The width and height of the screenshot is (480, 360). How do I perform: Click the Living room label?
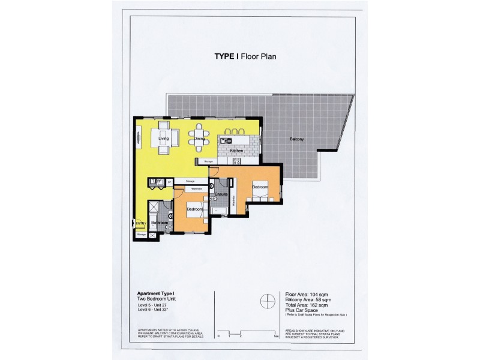(x=164, y=139)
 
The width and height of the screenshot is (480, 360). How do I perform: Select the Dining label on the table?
(x=200, y=139)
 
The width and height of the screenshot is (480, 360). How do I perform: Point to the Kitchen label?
(x=236, y=151)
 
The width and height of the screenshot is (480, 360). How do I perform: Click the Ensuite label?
(x=220, y=194)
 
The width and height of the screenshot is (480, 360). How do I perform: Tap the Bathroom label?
(x=159, y=223)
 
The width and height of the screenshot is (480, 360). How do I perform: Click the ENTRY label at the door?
(x=140, y=223)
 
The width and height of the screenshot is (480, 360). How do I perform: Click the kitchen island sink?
(x=226, y=140)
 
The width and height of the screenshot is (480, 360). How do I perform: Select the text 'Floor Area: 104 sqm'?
(x=308, y=295)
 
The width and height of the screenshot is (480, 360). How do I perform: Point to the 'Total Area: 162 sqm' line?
(x=309, y=306)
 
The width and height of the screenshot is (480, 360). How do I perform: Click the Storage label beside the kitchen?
(x=208, y=161)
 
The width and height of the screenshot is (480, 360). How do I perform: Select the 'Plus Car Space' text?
(x=301, y=311)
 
